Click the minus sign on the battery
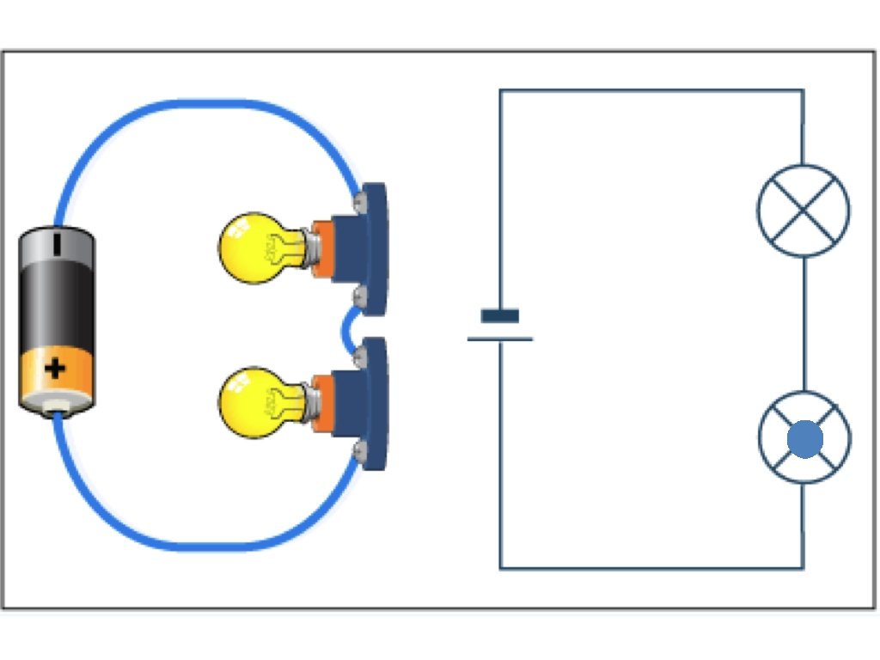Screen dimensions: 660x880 (x=57, y=243)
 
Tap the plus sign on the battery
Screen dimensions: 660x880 (x=56, y=370)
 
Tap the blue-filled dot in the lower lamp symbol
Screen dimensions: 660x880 (x=804, y=439)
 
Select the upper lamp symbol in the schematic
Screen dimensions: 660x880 (x=804, y=211)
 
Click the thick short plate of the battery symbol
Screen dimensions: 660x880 (x=500, y=316)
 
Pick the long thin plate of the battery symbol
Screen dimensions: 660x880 (x=500, y=339)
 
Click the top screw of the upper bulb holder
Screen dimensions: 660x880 (x=360, y=201)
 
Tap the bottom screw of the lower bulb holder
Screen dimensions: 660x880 (x=360, y=449)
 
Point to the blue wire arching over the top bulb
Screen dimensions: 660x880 (x=206, y=104)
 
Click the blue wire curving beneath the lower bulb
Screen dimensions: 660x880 (x=206, y=545)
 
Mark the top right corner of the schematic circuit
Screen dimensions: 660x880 (x=804, y=90)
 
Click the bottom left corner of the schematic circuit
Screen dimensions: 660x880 (x=500, y=568)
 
